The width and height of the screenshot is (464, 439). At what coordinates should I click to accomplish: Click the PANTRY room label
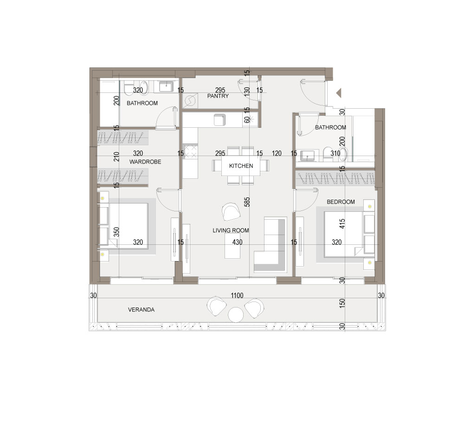coord(218,96)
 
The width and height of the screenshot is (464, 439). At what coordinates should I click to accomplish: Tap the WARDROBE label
coord(145,162)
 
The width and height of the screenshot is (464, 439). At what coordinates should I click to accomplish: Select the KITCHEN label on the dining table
coord(241,166)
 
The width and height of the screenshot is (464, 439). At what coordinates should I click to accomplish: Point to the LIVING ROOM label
coord(231,230)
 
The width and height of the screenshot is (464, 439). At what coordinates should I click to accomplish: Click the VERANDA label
coord(141,309)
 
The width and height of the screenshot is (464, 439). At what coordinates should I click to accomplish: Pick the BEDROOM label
coord(341,202)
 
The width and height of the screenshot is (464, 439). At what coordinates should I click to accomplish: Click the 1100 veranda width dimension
coord(237,295)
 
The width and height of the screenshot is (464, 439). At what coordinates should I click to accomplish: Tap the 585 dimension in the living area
coord(247,202)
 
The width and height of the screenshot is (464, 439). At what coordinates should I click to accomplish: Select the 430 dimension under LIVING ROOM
coord(237,242)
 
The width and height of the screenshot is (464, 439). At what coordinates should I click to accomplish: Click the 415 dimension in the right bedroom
coord(342,223)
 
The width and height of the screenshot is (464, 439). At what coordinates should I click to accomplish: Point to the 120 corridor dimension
coord(277,153)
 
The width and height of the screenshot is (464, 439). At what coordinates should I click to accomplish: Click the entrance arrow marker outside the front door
coord(339,93)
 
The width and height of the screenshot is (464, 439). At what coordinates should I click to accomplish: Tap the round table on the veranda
coord(236,315)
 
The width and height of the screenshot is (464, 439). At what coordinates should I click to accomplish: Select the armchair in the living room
coord(231,211)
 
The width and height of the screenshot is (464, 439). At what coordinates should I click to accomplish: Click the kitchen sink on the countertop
coord(219,120)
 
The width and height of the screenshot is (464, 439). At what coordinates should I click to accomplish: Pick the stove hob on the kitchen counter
coord(190,151)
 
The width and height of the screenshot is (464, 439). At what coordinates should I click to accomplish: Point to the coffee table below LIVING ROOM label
coord(232,246)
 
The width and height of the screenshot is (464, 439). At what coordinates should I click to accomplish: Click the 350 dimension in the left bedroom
coord(116,232)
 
